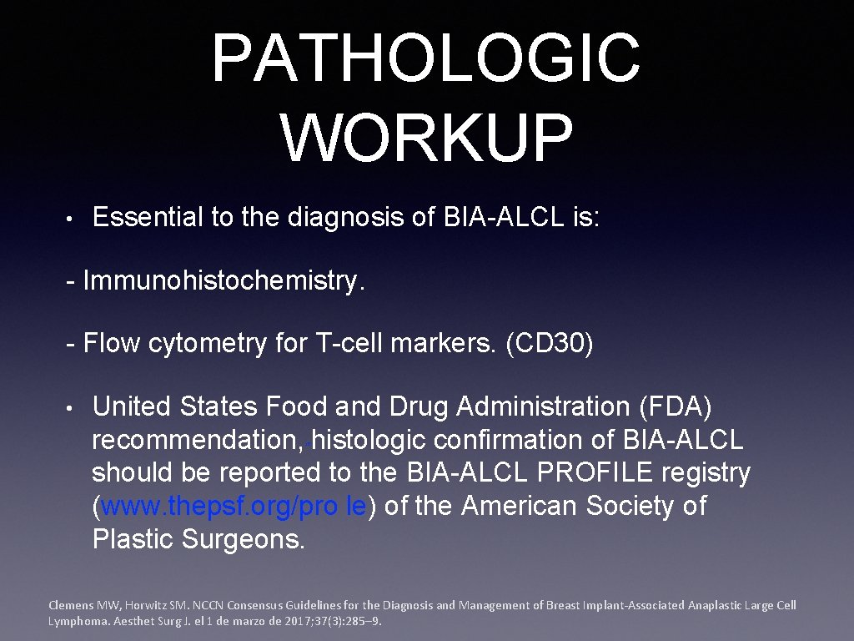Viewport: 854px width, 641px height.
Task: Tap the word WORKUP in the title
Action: pyautogui.click(x=426, y=138)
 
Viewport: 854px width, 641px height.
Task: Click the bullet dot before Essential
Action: pyautogui.click(x=73, y=219)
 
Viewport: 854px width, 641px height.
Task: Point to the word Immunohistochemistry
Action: pyautogui.click(x=224, y=281)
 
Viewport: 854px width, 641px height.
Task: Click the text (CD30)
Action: pyautogui.click(x=550, y=344)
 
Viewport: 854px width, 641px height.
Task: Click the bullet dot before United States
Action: pyautogui.click(x=73, y=408)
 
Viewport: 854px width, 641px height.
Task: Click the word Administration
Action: pyautogui.click(x=538, y=406)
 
